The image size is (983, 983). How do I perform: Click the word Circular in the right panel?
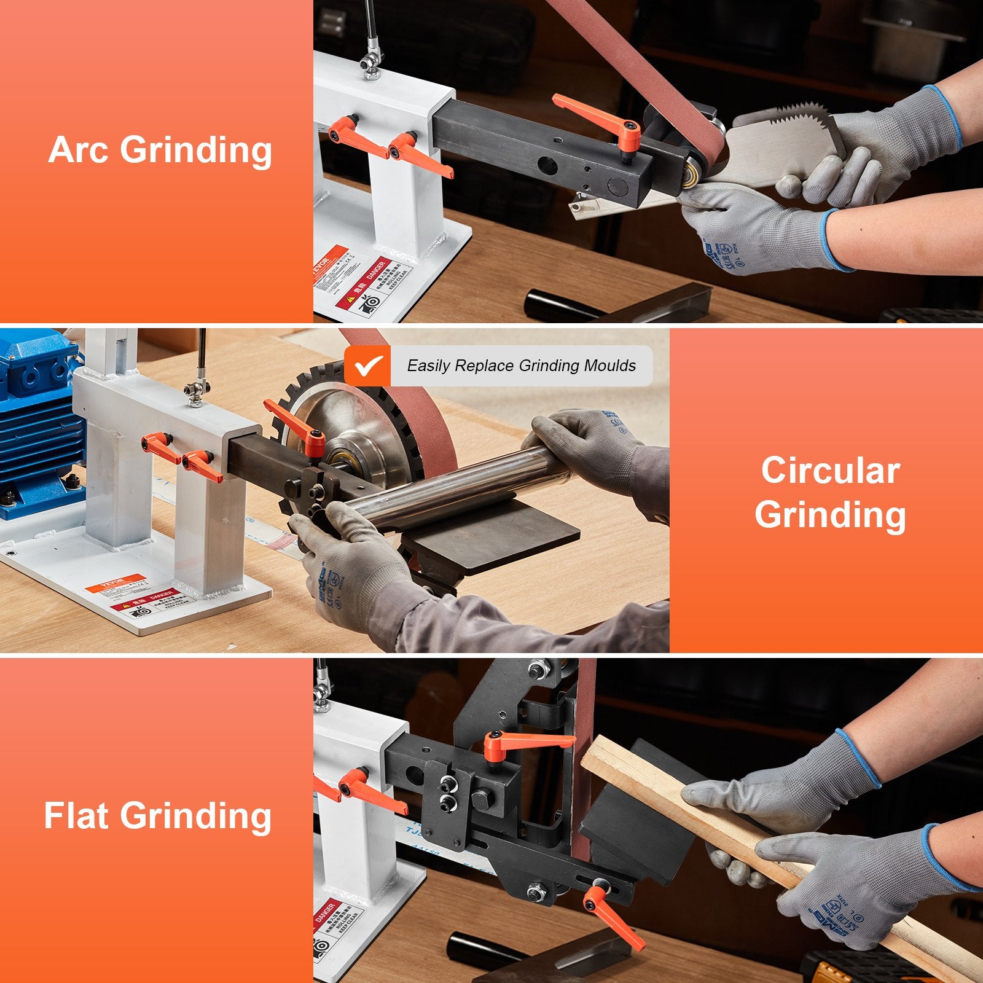tap(830, 471)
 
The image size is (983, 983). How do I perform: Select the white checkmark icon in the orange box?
tap(367, 366)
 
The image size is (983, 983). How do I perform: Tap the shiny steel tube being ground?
tap(455, 485)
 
